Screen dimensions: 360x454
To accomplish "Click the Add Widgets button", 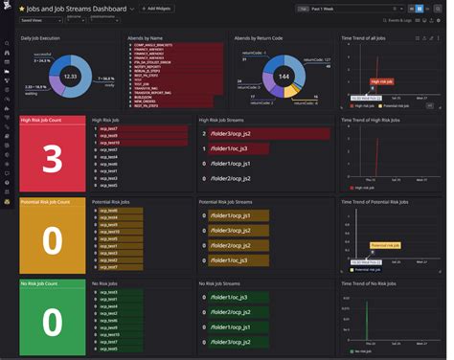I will [158, 8].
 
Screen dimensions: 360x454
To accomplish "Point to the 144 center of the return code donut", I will [284, 75].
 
